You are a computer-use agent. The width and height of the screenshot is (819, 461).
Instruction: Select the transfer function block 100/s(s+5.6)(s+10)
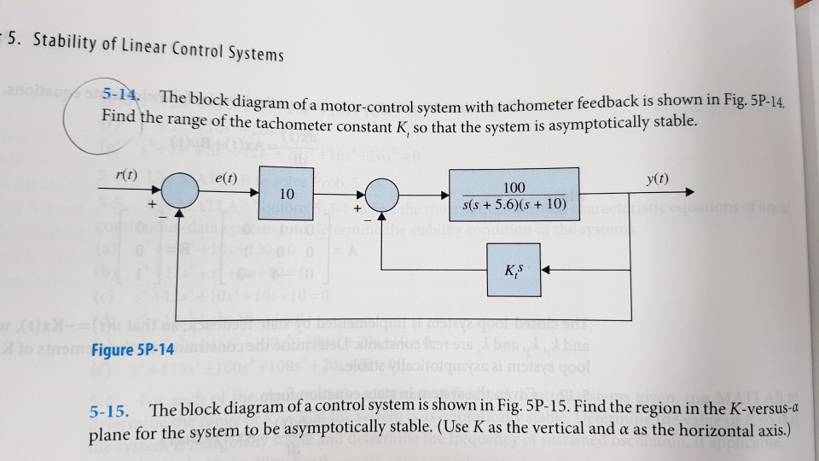[x=514, y=195]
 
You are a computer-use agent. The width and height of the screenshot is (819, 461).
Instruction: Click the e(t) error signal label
[x=224, y=178]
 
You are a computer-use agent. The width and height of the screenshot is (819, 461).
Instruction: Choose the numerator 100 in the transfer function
[x=514, y=186]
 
